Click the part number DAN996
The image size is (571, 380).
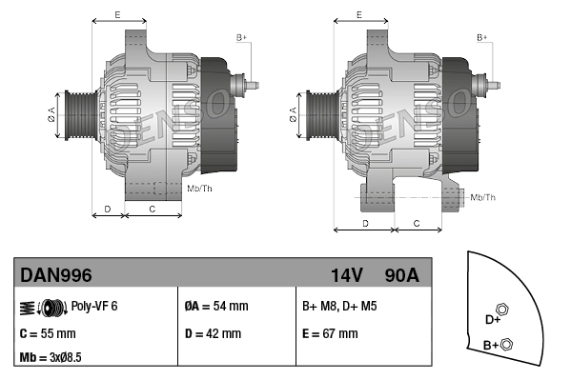[56, 275]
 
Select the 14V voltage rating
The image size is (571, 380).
[346, 275]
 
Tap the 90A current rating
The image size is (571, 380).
[400, 275]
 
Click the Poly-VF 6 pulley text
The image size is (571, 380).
[93, 307]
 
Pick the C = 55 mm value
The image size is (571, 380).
[48, 334]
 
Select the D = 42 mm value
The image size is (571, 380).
[213, 334]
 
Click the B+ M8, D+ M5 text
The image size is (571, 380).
[338, 307]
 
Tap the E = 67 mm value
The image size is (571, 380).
[330, 334]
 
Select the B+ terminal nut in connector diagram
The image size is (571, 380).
[507, 344]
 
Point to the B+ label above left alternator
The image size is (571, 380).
[241, 37]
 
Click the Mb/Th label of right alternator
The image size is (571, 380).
[483, 197]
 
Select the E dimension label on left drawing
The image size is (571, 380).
[117, 14]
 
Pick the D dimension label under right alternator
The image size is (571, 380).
[366, 222]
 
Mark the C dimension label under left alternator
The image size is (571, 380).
[153, 208]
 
